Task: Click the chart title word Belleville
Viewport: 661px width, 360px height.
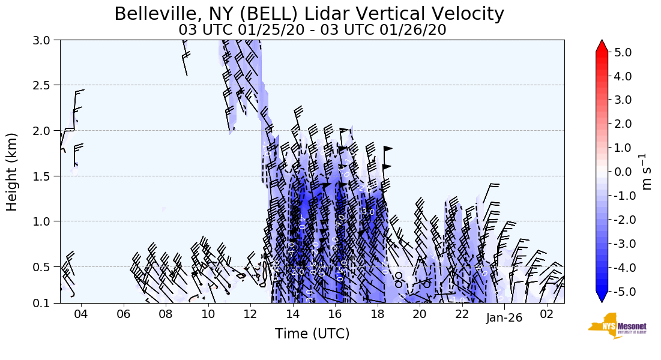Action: tap(152, 14)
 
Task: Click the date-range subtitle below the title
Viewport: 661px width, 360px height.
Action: tap(312, 29)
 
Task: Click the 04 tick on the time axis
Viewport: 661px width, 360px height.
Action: tap(81, 314)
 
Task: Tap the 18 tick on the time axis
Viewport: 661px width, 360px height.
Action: tap(377, 314)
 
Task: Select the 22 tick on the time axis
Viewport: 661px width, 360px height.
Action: tap(462, 314)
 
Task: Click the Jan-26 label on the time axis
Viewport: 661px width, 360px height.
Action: tap(504, 318)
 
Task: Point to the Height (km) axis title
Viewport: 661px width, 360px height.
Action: tap(12, 172)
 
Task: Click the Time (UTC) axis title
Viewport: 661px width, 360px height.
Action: tap(312, 334)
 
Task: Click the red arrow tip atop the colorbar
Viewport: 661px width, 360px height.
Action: tap(602, 45)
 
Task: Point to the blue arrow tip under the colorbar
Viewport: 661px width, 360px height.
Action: tap(602, 298)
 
